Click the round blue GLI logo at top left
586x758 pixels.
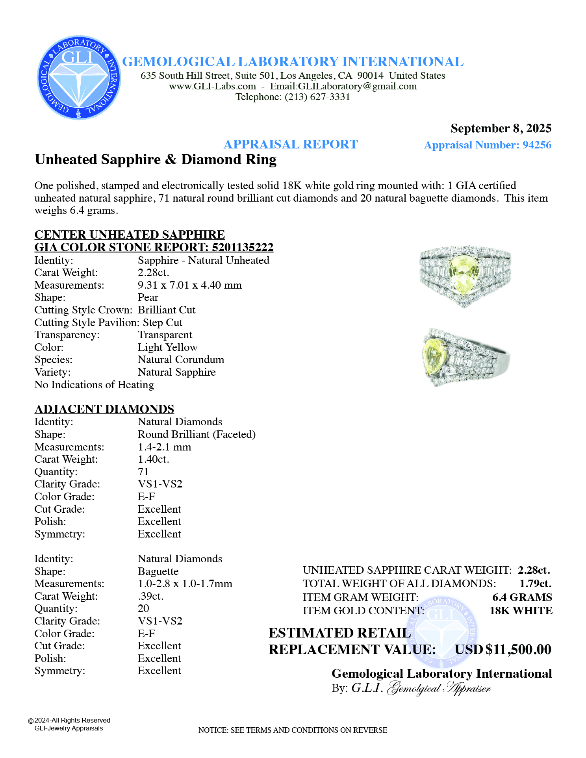coord(79,78)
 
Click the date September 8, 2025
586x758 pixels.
coord(501,128)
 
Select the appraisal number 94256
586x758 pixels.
coord(537,145)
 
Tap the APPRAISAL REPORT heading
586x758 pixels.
coord(291,144)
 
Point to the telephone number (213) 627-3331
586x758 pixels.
coord(317,97)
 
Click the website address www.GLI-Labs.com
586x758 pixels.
coord(212,86)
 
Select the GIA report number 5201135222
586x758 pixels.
coord(243,247)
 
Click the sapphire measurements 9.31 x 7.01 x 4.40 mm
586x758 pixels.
coord(189,285)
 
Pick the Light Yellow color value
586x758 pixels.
coord(167,347)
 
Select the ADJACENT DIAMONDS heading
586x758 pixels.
coord(104,409)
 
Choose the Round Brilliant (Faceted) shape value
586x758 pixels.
coord(197,434)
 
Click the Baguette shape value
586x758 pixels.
coord(158,571)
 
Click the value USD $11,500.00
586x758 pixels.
coord(503,649)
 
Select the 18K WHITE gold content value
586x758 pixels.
coord(521,610)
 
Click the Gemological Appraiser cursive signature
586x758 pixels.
coord(439,688)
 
